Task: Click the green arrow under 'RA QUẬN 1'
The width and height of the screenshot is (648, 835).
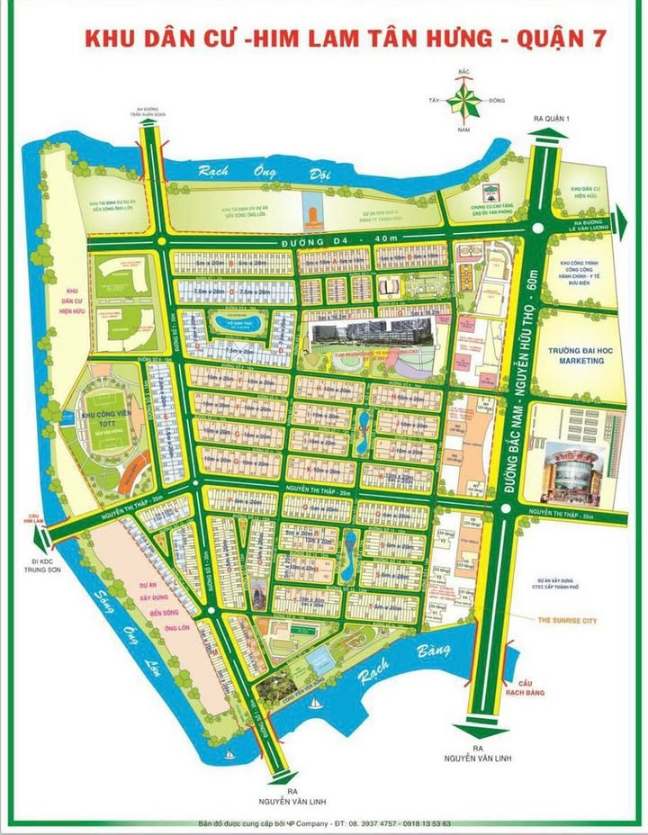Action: tap(548, 135)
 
